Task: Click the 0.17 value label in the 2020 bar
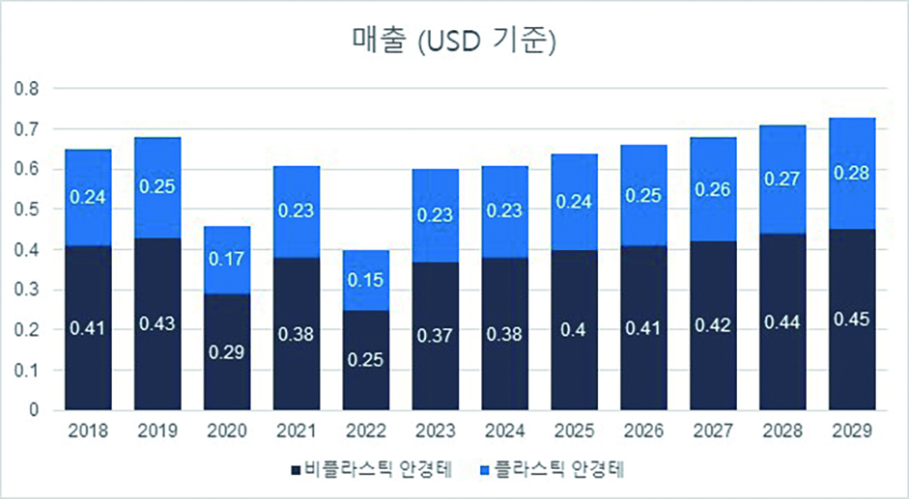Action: click(227, 259)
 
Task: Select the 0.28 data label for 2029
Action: click(853, 175)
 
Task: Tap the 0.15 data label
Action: click(366, 279)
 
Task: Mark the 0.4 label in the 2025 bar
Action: click(575, 331)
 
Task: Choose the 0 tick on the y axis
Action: click(34, 410)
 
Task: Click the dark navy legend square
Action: click(296, 470)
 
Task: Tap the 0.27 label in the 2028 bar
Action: click(783, 180)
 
